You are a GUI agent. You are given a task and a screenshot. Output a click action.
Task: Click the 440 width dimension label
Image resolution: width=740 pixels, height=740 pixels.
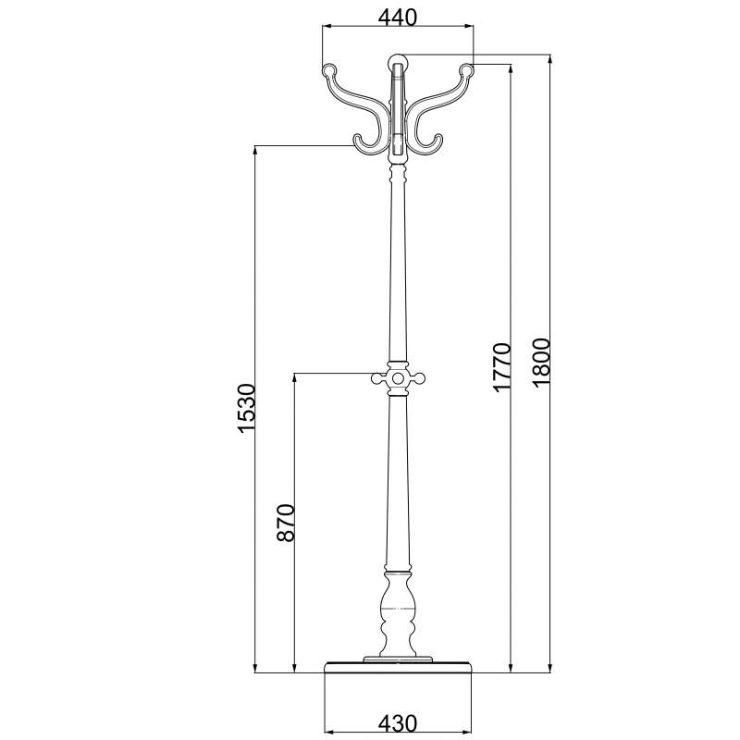pyautogui.click(x=398, y=18)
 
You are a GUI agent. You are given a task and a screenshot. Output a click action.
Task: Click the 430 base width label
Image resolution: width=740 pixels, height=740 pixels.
pyautogui.click(x=398, y=723)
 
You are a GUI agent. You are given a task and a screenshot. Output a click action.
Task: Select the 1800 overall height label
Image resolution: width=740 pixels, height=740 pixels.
pyautogui.click(x=541, y=362)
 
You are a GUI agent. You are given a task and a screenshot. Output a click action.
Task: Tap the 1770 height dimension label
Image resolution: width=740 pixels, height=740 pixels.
pyautogui.click(x=501, y=367)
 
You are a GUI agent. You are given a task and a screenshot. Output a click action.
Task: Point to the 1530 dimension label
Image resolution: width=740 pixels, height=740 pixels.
pyautogui.click(x=246, y=408)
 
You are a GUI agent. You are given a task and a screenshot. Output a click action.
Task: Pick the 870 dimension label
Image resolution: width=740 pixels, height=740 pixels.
pyautogui.click(x=286, y=523)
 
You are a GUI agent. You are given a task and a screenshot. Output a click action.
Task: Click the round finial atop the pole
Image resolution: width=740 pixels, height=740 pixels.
pyautogui.click(x=398, y=61)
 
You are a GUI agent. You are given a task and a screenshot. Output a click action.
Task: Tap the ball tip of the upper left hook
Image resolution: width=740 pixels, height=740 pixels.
pyautogui.click(x=329, y=70)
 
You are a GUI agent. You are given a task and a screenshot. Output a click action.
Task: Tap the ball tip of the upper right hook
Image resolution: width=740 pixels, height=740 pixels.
pyautogui.click(x=466, y=70)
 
